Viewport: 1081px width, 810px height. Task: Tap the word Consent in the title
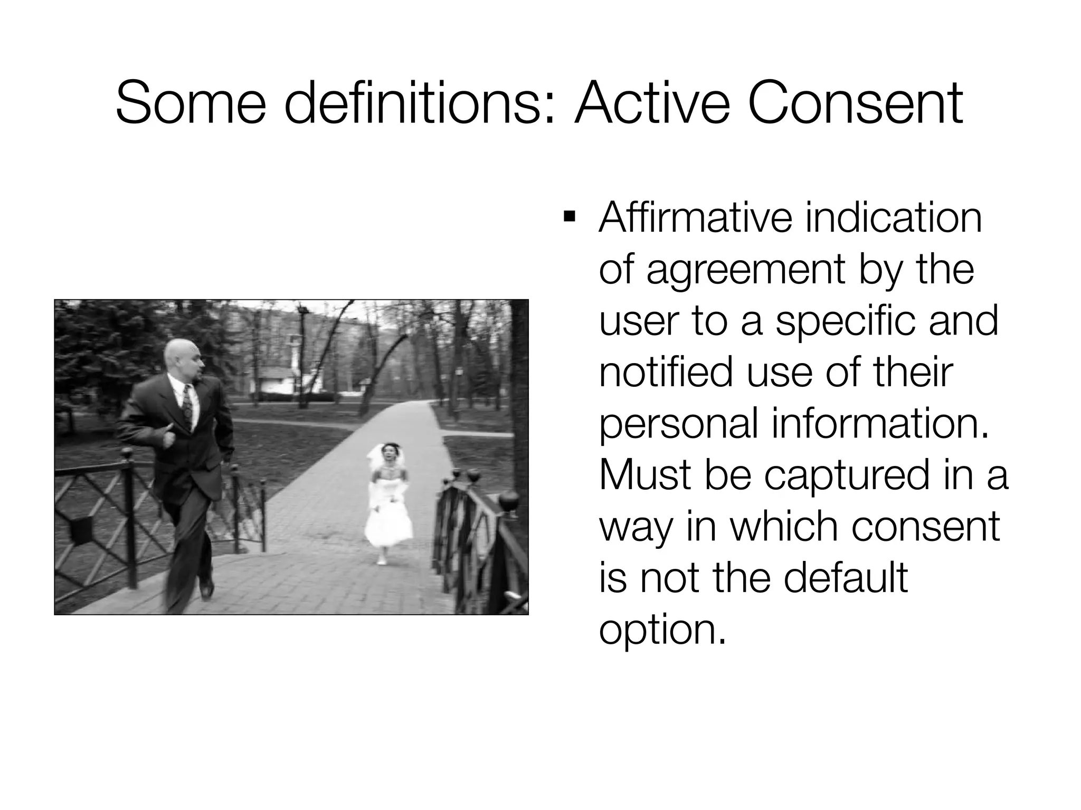click(x=856, y=104)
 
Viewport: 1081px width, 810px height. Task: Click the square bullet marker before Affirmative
click(x=568, y=217)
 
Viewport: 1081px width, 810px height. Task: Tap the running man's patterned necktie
click(x=186, y=405)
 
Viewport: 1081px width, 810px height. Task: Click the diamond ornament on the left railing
click(x=80, y=529)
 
